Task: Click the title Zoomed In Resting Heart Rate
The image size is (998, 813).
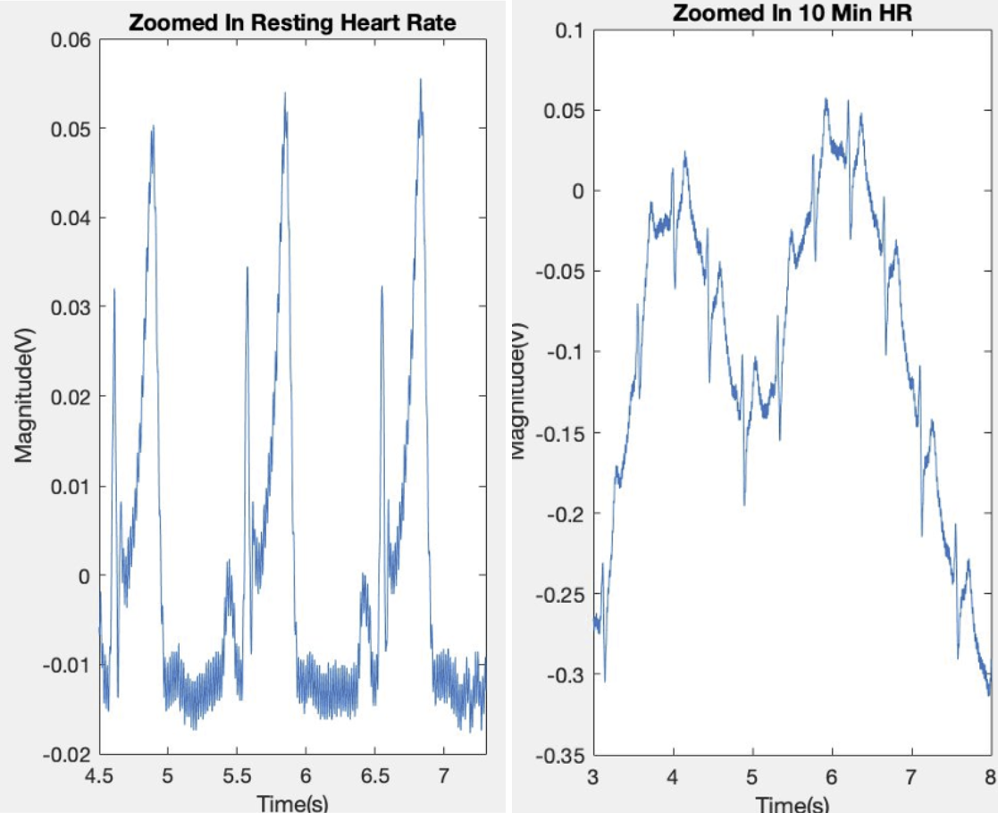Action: point(292,22)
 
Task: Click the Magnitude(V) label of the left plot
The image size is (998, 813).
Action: point(24,398)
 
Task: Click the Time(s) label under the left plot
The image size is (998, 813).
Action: point(292,801)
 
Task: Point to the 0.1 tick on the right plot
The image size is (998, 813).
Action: point(568,30)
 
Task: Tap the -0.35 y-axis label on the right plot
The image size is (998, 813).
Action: point(559,756)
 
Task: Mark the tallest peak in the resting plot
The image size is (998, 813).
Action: point(420,80)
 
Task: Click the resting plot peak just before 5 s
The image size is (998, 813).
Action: point(153,127)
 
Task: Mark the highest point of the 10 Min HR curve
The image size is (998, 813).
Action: point(826,99)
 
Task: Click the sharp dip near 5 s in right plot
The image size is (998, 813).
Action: point(744,505)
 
